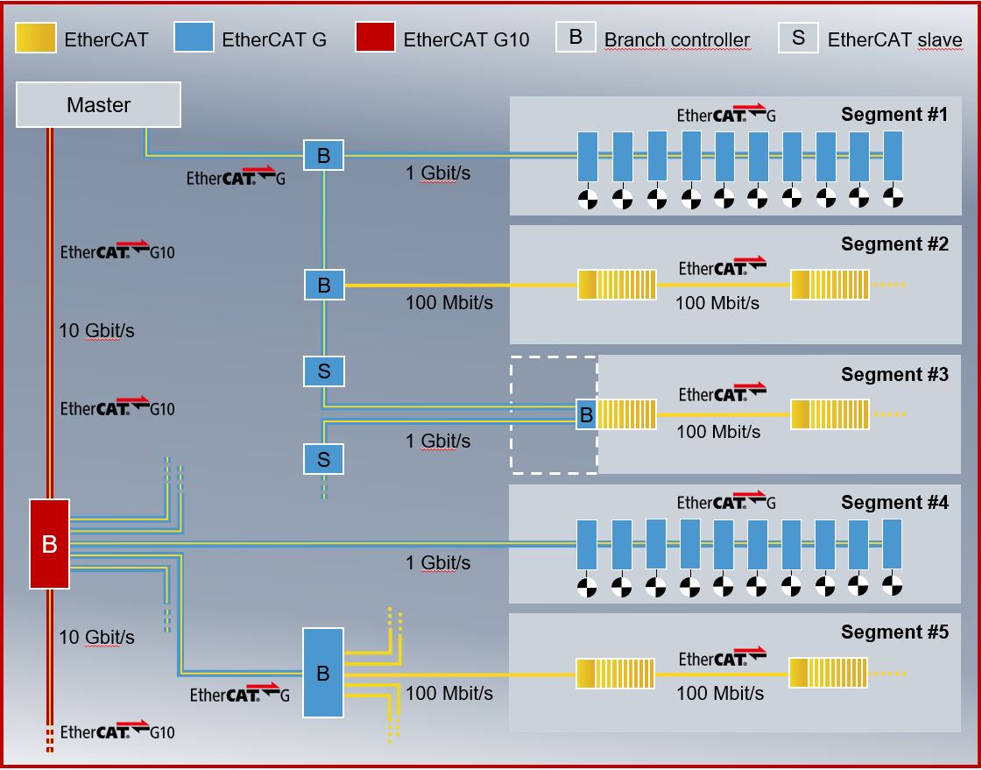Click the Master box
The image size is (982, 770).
point(99,105)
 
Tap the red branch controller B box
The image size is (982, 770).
point(49,543)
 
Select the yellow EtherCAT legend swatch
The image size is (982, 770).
point(36,39)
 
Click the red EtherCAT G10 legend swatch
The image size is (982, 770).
point(374,39)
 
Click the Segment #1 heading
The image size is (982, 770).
point(894,114)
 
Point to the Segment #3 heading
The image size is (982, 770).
point(894,374)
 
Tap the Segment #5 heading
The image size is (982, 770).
point(894,632)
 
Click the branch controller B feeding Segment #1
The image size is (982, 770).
point(324,156)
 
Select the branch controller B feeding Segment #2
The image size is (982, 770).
point(324,286)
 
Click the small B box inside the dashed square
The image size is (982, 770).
point(586,414)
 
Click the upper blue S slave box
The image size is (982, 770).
point(324,371)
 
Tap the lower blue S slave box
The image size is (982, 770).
point(324,458)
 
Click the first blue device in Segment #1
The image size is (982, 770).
point(587,156)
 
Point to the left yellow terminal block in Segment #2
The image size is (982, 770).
point(617,285)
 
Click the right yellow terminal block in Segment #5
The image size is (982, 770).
point(828,673)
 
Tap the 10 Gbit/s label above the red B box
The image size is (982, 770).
point(96,330)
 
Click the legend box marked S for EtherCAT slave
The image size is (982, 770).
point(799,39)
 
